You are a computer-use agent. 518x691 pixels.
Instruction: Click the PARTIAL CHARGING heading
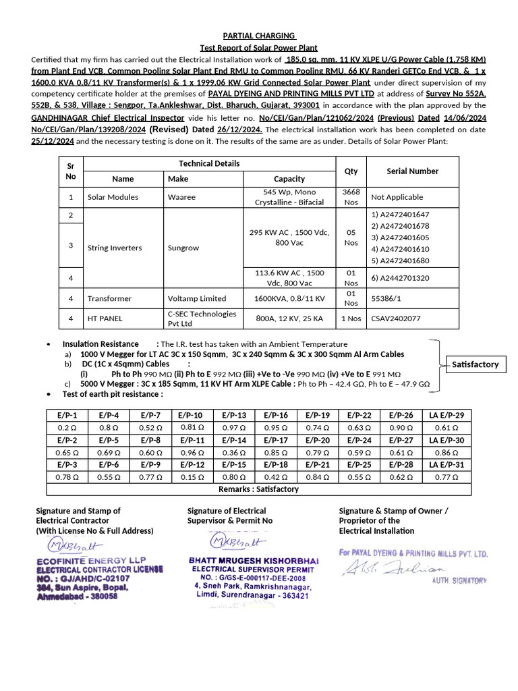(259, 36)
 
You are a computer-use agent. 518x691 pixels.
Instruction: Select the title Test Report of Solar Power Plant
(259, 48)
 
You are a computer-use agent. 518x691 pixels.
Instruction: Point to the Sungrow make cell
(183, 248)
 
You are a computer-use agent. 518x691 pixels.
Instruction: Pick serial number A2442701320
(400, 277)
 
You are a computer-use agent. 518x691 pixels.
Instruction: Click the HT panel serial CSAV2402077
(396, 319)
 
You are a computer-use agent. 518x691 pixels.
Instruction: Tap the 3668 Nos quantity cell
(351, 197)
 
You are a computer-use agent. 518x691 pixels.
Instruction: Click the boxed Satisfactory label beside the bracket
(475, 364)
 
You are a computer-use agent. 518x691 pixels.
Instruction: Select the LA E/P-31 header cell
(446, 465)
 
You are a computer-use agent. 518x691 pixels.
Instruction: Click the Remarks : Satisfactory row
(258, 489)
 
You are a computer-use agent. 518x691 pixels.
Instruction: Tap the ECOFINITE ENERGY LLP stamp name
(92, 560)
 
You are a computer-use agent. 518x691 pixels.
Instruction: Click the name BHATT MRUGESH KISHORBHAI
(253, 561)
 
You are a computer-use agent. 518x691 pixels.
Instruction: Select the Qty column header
(351, 171)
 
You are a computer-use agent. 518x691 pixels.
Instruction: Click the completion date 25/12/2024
(54, 141)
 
